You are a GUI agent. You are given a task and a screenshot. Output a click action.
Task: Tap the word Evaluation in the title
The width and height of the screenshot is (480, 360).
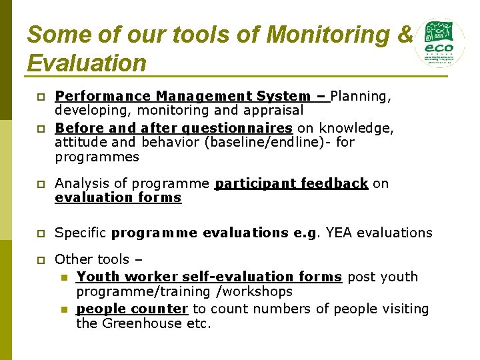(x=87, y=63)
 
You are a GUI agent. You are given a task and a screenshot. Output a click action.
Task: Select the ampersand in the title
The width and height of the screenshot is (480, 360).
(x=404, y=35)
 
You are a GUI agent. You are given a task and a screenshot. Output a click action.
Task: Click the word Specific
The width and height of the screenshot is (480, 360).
(x=81, y=233)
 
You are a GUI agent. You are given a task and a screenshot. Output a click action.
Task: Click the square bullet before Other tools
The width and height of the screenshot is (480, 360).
(x=39, y=259)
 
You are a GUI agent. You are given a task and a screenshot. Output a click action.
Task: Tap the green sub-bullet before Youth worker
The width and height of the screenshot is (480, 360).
(x=64, y=277)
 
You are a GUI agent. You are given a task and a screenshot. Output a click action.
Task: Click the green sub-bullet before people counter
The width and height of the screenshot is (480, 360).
(x=64, y=309)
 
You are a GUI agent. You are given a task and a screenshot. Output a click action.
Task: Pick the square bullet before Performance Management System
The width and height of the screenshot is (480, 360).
(x=39, y=97)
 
